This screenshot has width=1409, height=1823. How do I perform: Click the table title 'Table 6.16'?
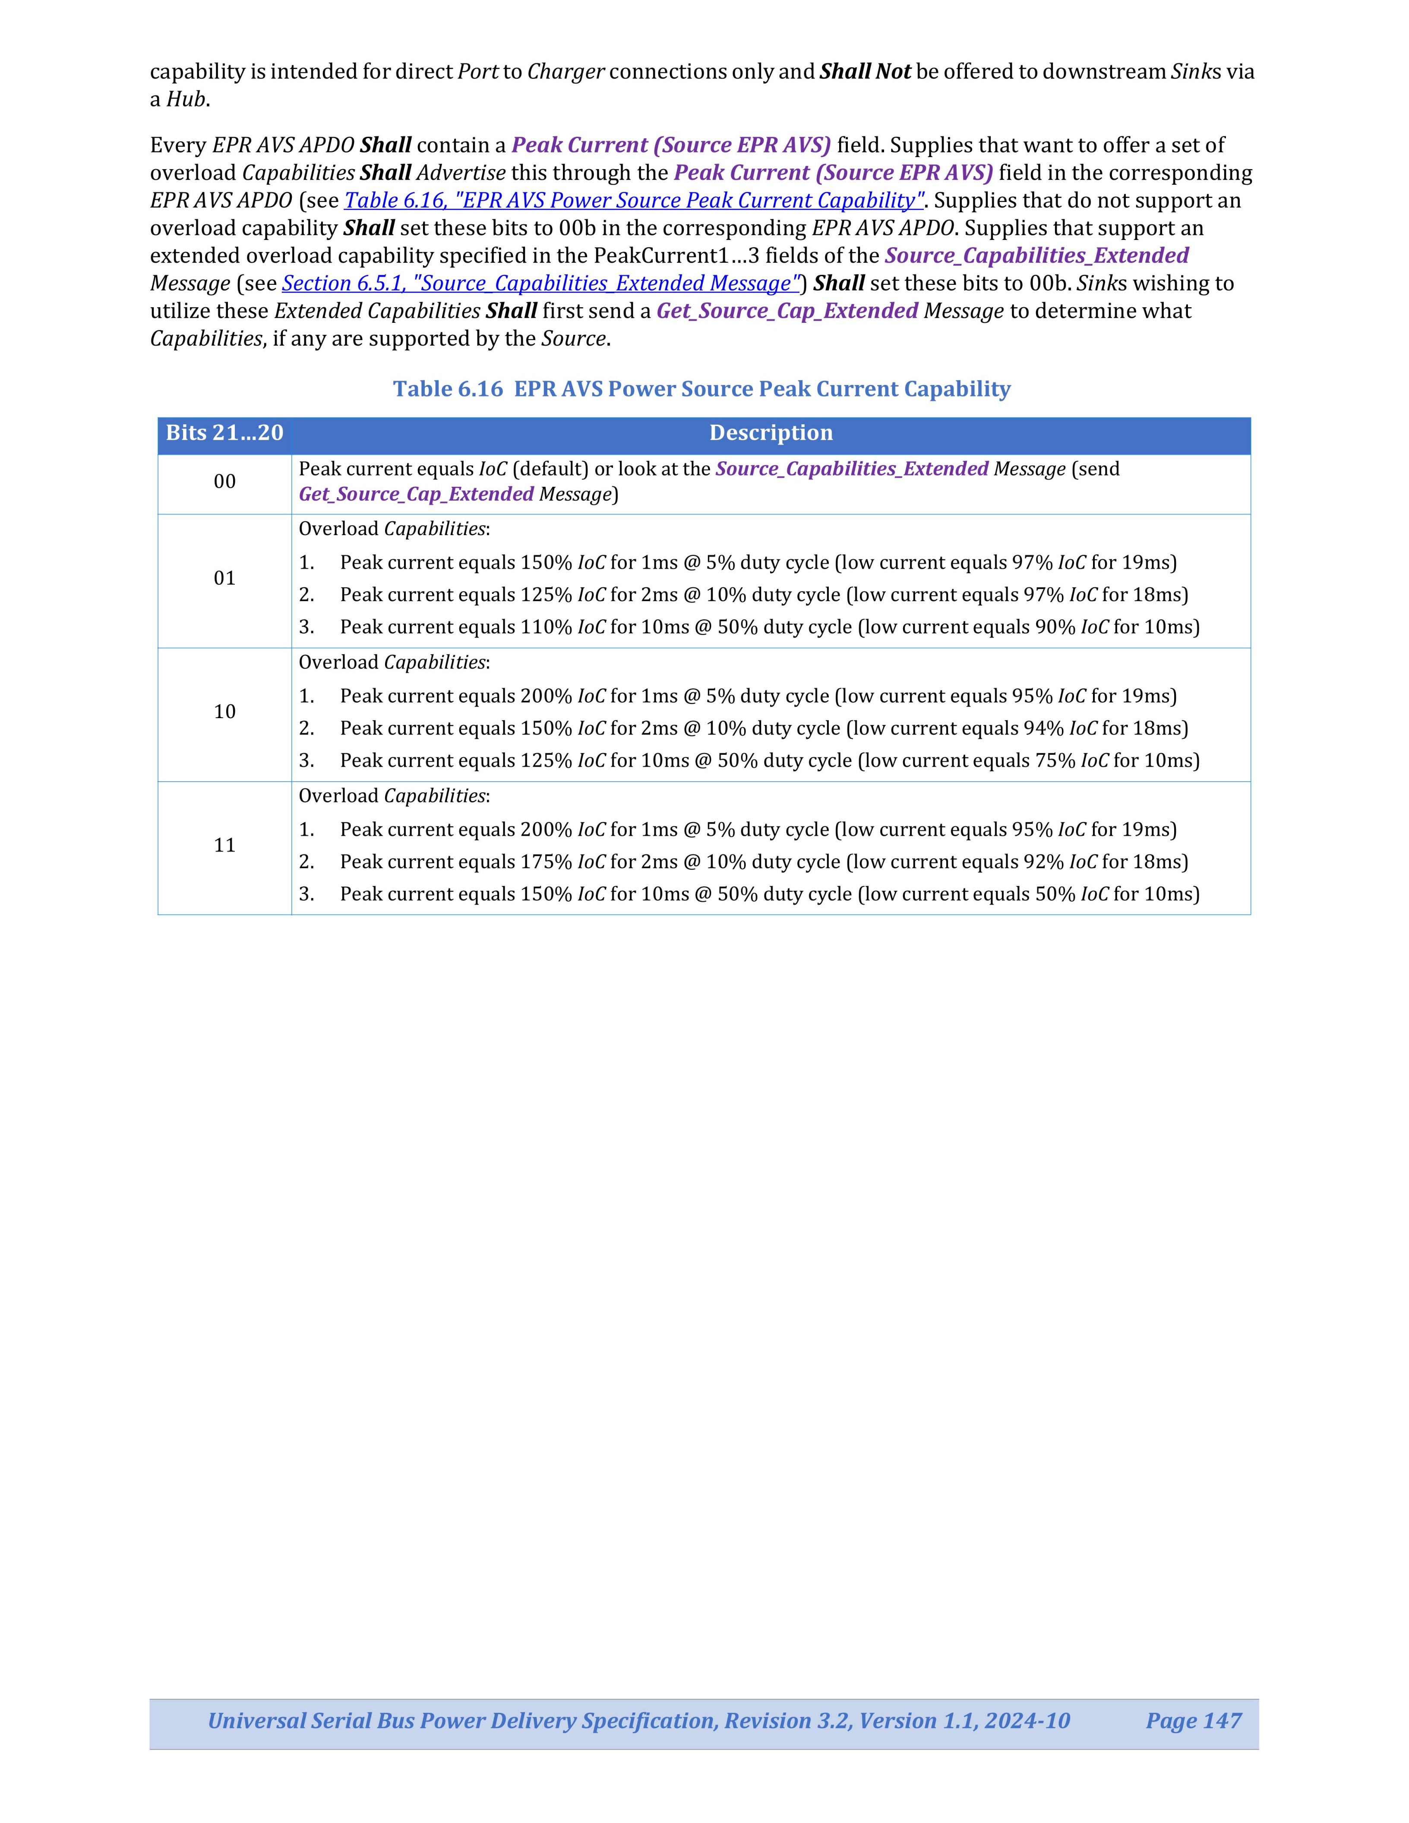(448, 389)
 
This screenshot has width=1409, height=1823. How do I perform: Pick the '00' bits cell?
(224, 482)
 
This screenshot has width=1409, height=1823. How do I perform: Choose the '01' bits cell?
(224, 578)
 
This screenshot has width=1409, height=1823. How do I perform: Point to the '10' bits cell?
(224, 712)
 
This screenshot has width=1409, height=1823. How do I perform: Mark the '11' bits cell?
(224, 845)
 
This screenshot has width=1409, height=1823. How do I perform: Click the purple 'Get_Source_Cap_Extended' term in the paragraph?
(787, 311)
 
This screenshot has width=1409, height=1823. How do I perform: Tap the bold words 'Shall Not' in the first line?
(865, 72)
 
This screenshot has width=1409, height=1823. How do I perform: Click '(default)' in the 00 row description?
(550, 469)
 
